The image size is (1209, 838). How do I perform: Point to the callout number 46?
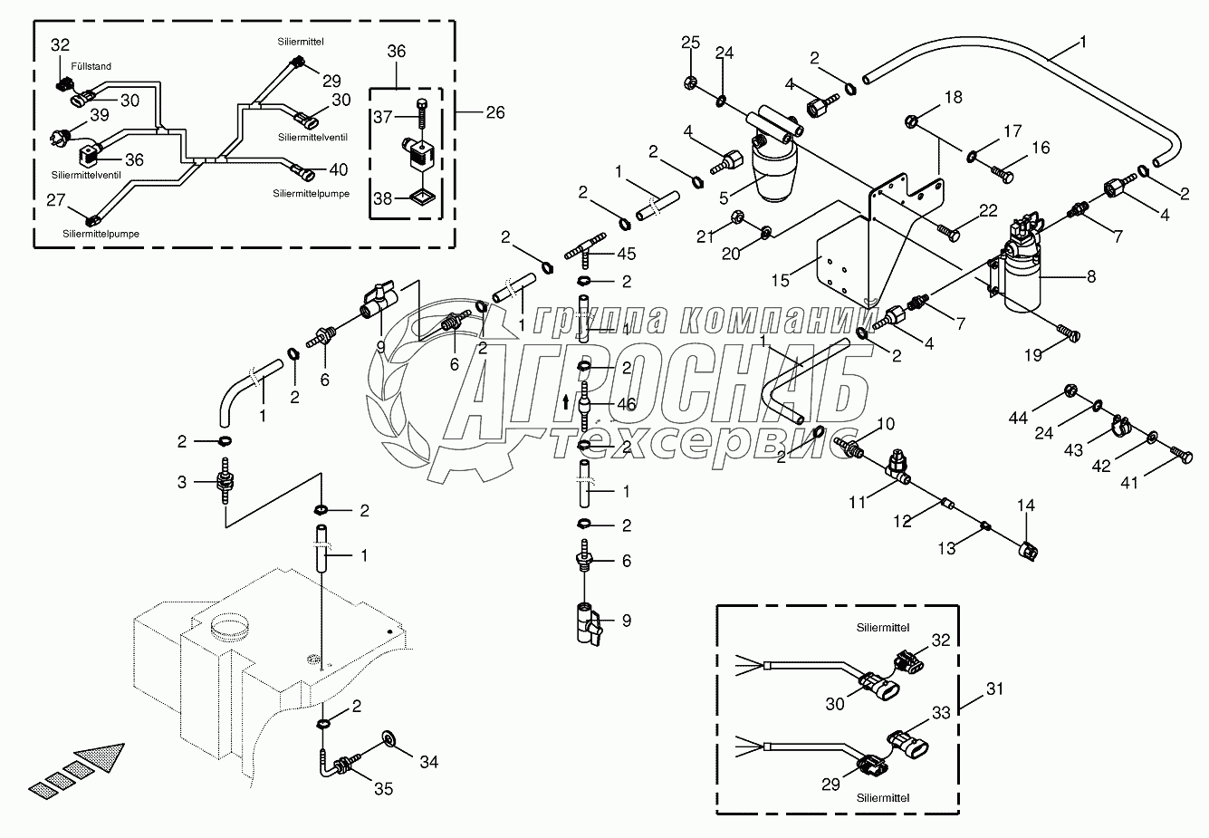tap(627, 404)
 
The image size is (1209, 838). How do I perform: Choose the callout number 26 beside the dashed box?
tap(494, 113)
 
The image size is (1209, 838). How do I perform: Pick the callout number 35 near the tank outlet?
tap(384, 789)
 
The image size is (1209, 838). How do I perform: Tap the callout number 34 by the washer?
tap(428, 762)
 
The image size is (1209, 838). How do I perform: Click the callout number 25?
tap(690, 43)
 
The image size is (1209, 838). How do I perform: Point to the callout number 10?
tap(886, 423)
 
